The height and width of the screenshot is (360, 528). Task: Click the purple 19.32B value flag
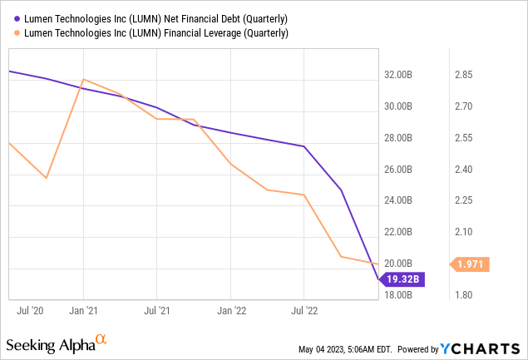tap(403, 280)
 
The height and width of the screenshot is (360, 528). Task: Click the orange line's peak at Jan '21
tap(83, 80)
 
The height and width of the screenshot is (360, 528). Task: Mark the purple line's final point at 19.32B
tap(377, 280)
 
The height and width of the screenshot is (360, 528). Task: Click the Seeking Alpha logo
tap(57, 343)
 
